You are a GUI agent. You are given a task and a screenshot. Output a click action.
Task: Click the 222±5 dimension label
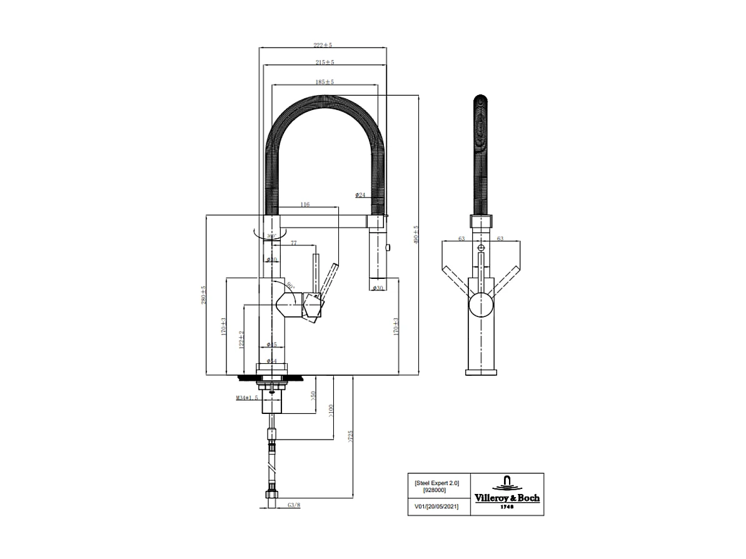coord(323,45)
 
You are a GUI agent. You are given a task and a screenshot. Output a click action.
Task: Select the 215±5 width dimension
coord(325,62)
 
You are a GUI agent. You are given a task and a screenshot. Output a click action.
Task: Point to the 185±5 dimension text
coord(325,82)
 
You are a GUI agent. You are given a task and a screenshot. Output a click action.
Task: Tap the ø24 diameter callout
coord(360,195)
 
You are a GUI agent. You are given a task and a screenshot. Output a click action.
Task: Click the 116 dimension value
coord(305,204)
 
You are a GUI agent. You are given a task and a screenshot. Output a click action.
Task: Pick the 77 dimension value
coord(293,243)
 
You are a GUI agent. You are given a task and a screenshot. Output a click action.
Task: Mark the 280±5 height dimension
coord(203,295)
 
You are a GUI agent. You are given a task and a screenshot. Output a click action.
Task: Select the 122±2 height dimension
coord(241,340)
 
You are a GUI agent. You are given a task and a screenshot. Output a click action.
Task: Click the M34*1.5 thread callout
coord(247,398)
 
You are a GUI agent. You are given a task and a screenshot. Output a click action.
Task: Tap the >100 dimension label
coord(330,411)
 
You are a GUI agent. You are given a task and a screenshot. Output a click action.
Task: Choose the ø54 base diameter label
coord(271,361)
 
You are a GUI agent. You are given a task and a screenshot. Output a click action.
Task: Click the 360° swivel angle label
coord(271,236)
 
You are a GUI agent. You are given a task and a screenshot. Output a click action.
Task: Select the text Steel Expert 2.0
coord(436,483)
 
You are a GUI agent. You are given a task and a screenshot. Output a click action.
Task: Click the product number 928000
coord(435,491)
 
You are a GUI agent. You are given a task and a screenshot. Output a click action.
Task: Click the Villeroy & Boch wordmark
coord(508,498)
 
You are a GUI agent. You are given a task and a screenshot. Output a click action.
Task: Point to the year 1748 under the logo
coord(508,507)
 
